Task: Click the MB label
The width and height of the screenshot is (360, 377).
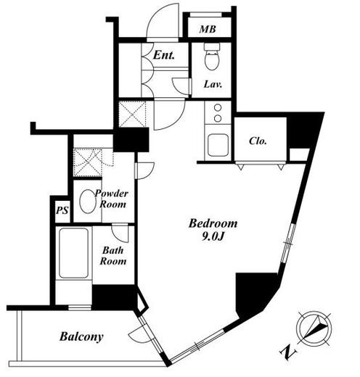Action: (208, 29)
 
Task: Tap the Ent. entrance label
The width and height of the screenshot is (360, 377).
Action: (164, 55)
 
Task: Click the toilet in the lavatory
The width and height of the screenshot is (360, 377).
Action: (212, 57)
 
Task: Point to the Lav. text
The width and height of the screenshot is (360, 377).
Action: (213, 84)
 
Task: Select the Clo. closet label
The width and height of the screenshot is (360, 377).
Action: (258, 141)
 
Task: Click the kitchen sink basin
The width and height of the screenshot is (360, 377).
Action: (218, 145)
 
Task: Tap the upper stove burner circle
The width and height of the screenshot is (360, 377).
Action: (218, 107)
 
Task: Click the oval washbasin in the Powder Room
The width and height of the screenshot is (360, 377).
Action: (88, 202)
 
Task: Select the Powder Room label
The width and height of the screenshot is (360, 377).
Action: (112, 199)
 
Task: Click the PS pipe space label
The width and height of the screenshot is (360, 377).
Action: (62, 210)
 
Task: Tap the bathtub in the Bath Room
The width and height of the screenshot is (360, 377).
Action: (73, 253)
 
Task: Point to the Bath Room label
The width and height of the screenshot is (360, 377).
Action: (113, 256)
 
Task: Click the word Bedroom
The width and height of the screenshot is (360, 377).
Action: (213, 223)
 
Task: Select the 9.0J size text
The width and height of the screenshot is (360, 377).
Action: (213, 237)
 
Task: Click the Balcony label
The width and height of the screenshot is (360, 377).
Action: (81, 336)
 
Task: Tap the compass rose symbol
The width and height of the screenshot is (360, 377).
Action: (314, 329)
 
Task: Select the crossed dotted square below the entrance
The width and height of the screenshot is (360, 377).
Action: (133, 114)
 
